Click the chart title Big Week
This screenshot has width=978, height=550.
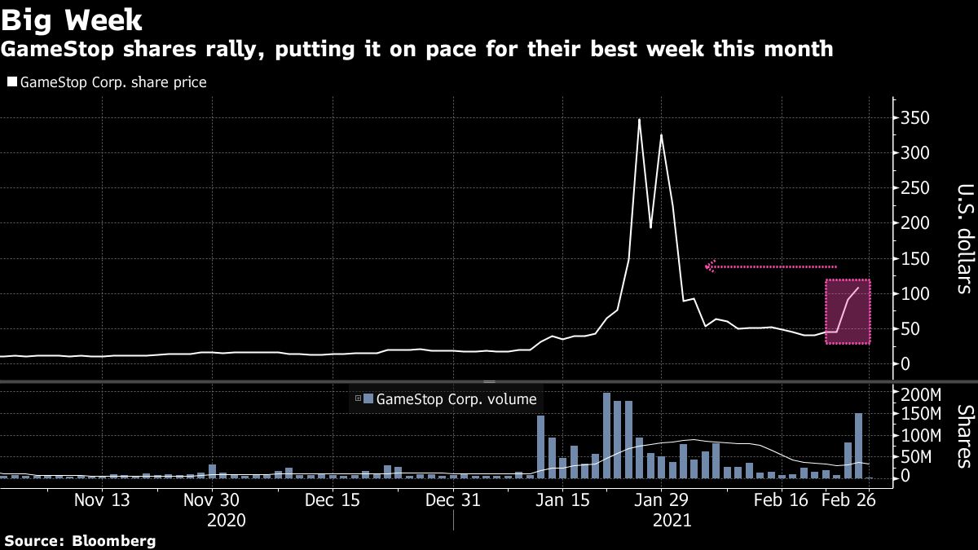click(x=73, y=19)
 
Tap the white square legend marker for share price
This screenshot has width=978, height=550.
click(x=11, y=82)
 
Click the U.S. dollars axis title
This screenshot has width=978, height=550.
click(x=963, y=239)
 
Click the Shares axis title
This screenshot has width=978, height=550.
click(x=963, y=436)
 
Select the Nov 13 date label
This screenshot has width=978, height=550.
click(x=104, y=499)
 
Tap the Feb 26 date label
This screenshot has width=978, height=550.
click(x=848, y=499)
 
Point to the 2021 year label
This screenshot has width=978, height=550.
click(x=672, y=519)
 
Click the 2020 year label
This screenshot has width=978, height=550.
click(x=225, y=519)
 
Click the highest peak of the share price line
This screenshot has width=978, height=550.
click(x=639, y=120)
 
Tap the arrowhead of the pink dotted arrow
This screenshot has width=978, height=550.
click(x=710, y=266)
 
